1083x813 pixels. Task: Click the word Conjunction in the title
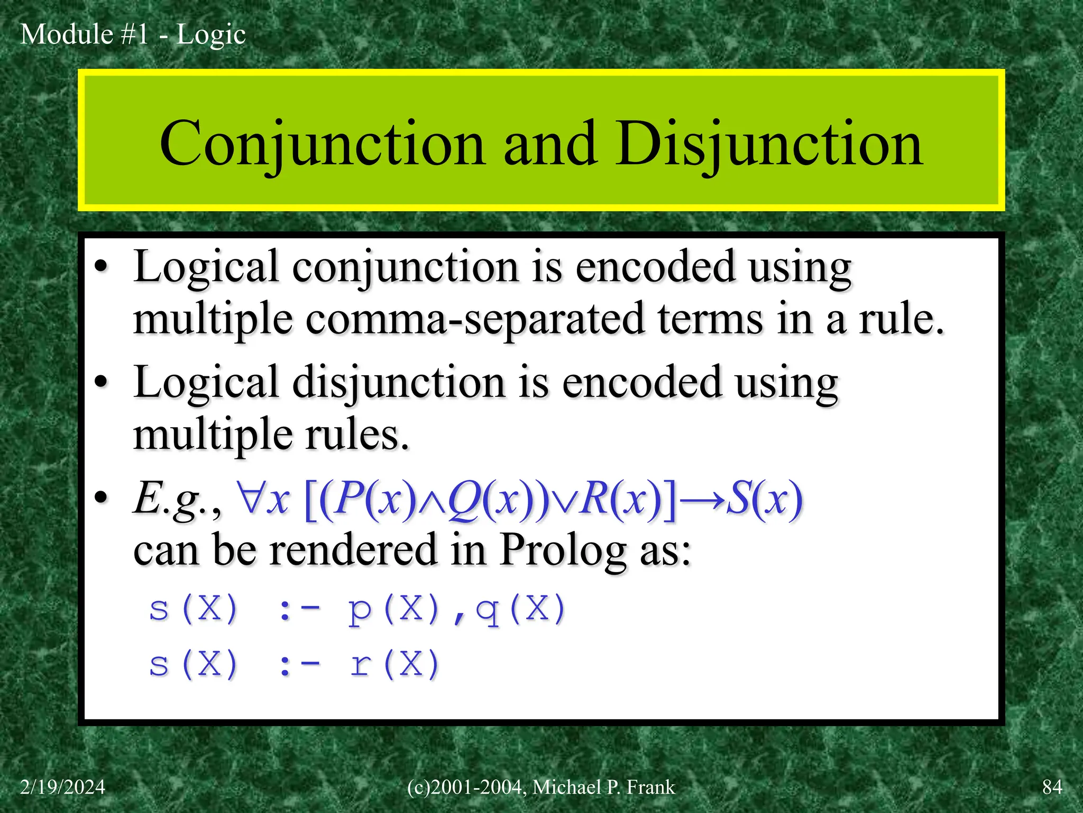[322, 144]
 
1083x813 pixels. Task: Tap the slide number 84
[1052, 787]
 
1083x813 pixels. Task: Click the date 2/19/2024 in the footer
[62, 787]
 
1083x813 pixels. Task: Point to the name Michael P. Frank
[603, 787]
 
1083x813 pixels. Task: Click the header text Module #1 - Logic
[133, 35]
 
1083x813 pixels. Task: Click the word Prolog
[563, 550]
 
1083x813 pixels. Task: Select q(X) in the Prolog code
[521, 609]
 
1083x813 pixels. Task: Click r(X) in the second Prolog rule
[394, 664]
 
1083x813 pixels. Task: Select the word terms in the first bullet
[710, 320]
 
